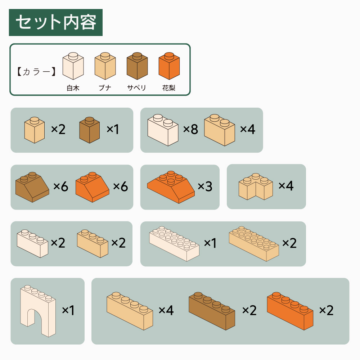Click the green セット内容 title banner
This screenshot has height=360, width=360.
pyautogui.click(x=55, y=22)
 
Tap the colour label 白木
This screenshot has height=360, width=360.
pyautogui.click(x=73, y=88)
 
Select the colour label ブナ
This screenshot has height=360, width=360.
pyautogui.click(x=105, y=88)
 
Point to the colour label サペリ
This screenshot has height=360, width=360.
pyautogui.click(x=136, y=88)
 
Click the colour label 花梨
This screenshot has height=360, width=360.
pyautogui.click(x=169, y=88)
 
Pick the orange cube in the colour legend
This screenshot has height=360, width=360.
pyautogui.click(x=169, y=66)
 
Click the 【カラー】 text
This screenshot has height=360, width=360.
pyautogui.click(x=36, y=72)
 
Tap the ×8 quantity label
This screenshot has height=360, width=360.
pyautogui.click(x=190, y=129)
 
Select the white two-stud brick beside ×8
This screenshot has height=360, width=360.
pyautogui.click(x=163, y=130)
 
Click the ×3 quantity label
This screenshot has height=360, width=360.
pyautogui.click(x=205, y=186)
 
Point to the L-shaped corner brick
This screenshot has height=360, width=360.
pyautogui.click(x=256, y=186)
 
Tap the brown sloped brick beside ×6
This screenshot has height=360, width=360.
pyautogui.click(x=32, y=187)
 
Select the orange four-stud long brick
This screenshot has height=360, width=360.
pyautogui.click(x=290, y=311)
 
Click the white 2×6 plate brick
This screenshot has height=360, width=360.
pyautogui.click(x=174, y=244)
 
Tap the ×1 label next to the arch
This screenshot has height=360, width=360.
pyautogui.click(x=68, y=310)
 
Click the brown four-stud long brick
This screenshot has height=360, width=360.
pyautogui.click(x=212, y=311)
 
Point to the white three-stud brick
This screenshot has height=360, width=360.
pyautogui.click(x=32, y=243)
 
